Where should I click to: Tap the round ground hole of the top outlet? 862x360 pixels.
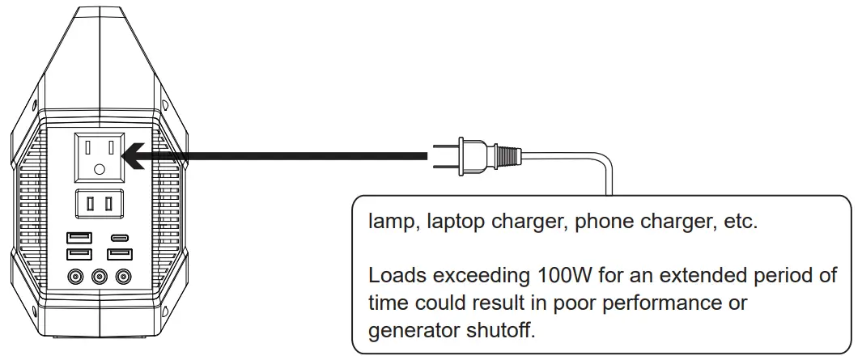[99, 170]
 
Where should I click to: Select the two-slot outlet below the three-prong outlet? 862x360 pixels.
[99, 204]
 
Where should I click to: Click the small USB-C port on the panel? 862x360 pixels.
[121, 239]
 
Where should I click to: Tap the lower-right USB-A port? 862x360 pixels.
[121, 254]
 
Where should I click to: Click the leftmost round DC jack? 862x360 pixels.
[77, 277]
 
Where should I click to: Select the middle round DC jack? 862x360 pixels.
[100, 277]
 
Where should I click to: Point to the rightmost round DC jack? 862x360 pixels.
[122, 277]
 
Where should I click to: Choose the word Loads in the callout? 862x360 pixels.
[394, 275]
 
